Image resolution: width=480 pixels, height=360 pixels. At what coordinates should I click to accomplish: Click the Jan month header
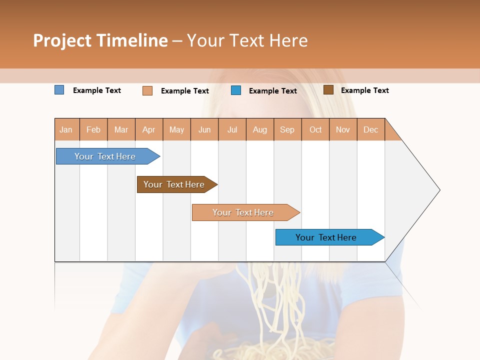tap(66, 129)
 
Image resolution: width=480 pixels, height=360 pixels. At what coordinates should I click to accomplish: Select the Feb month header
tap(93, 129)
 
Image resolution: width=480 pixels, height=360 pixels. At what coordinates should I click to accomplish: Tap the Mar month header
tap(121, 129)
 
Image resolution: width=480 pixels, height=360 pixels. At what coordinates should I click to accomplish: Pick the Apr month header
tap(149, 129)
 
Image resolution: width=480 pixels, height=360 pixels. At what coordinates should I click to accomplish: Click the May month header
tap(176, 129)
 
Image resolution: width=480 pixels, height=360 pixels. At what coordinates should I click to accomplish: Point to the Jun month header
tap(204, 129)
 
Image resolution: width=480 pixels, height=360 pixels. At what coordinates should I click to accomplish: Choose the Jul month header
tap(232, 129)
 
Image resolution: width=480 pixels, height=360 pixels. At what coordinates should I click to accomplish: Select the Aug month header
tap(260, 129)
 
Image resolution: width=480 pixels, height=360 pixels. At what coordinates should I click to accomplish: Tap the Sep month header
tap(287, 129)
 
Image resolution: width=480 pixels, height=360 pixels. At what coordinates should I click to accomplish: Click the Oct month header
tap(315, 129)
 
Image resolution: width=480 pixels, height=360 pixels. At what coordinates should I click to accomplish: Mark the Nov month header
tap(343, 129)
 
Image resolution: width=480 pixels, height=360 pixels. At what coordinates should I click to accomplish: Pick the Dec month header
tap(371, 129)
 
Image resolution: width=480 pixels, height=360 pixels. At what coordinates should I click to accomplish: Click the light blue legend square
tap(59, 90)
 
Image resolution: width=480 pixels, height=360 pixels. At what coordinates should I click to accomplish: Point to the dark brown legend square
tap(328, 90)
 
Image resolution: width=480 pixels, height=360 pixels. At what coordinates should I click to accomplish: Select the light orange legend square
tap(147, 90)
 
